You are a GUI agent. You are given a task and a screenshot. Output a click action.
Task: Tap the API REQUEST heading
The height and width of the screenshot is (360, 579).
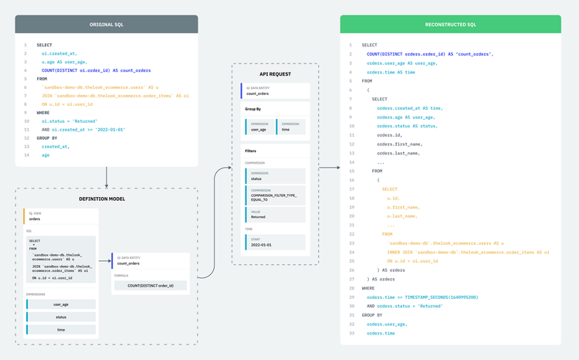274,74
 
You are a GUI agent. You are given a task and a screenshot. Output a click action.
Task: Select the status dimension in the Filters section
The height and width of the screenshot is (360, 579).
276,177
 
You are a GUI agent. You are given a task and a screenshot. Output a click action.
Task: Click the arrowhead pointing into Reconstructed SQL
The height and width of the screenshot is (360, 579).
336,167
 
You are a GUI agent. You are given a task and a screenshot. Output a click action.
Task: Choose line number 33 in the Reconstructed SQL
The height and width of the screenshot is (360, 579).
351,333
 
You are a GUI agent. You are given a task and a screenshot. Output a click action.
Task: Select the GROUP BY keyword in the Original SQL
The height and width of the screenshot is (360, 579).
48,138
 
